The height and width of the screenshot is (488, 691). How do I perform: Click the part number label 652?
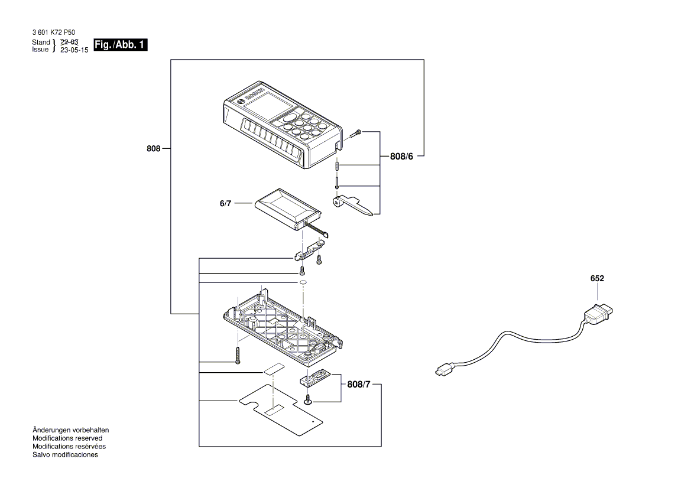click(x=596, y=278)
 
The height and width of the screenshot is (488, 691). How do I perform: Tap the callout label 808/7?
click(x=361, y=385)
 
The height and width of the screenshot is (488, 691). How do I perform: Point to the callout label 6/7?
click(x=226, y=203)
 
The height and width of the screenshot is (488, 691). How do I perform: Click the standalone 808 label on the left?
click(x=154, y=149)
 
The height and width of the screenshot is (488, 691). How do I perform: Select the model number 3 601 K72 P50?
click(x=53, y=33)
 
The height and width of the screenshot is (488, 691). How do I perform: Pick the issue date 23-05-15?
click(x=74, y=50)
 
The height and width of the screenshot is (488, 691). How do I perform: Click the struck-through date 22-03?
click(x=69, y=43)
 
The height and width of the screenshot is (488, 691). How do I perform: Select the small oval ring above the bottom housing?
click(x=302, y=283)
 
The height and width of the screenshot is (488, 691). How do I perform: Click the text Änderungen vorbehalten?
click(x=70, y=430)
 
